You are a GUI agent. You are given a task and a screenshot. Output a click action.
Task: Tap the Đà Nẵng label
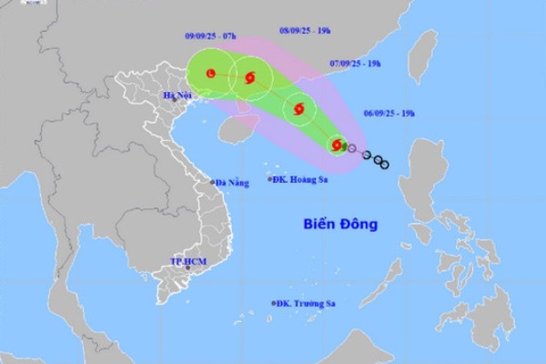(231, 184)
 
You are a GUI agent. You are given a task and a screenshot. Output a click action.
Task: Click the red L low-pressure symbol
(211, 72)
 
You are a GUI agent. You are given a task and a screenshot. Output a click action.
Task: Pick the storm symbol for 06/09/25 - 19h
(336, 145)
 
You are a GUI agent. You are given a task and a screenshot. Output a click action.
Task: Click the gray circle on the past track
(352, 148)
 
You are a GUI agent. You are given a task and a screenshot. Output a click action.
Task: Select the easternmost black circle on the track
(383, 164)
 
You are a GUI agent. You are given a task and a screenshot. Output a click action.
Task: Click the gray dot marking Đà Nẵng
(213, 182)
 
